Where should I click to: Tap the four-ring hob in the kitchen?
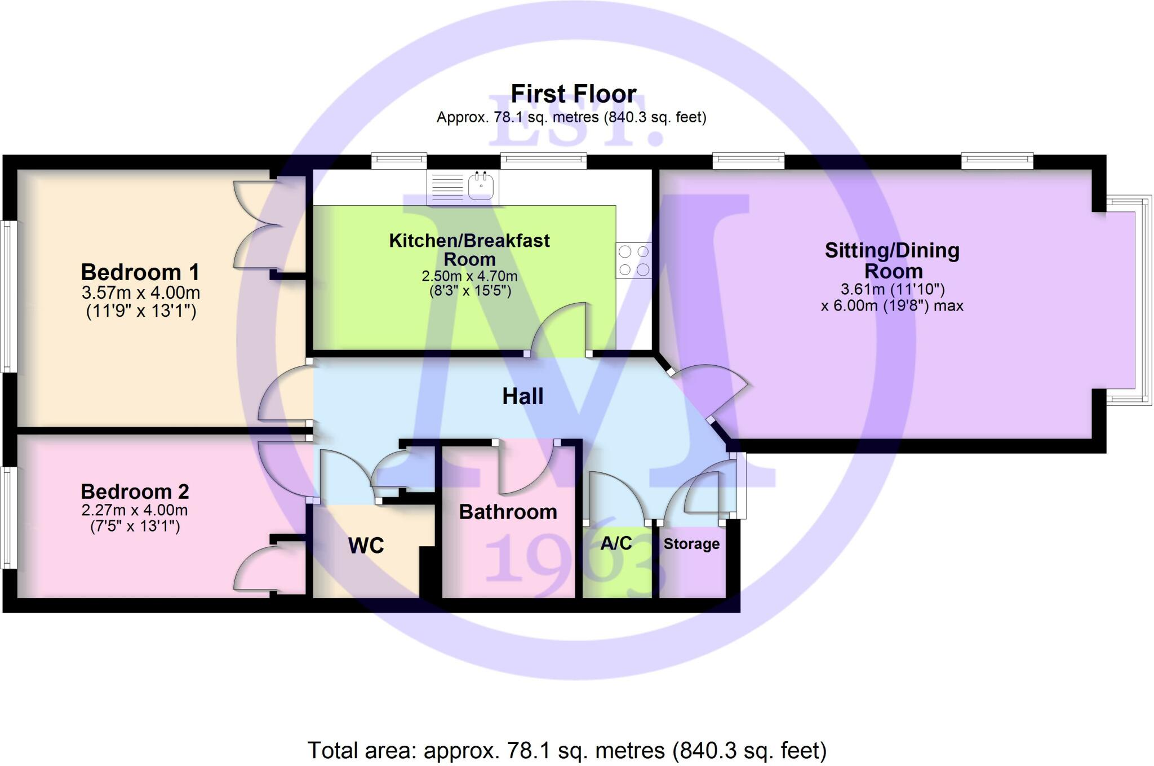pyautogui.click(x=634, y=260)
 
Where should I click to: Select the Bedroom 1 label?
pyautogui.click(x=140, y=272)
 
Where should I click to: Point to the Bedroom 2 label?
pyautogui.click(x=135, y=492)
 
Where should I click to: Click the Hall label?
pyautogui.click(x=523, y=396)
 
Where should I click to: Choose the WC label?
pyautogui.click(x=366, y=545)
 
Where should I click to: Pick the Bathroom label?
pyautogui.click(x=508, y=512)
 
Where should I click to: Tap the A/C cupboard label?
pyautogui.click(x=616, y=543)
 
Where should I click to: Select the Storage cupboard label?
pyautogui.click(x=691, y=544)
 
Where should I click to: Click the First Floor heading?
pyautogui.click(x=573, y=94)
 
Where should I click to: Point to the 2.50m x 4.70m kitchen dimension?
pyautogui.click(x=469, y=276)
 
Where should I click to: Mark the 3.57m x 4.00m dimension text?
pyautogui.click(x=141, y=293)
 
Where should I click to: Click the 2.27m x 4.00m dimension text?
pyautogui.click(x=135, y=510)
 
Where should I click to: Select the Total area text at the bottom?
pyautogui.click(x=566, y=750)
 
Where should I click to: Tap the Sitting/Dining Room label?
pyautogui.click(x=893, y=260)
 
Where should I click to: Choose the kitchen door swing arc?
pyautogui.click(x=558, y=327)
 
